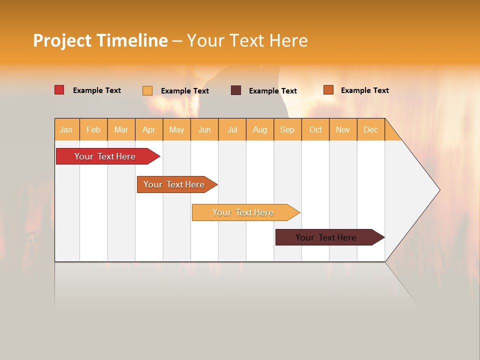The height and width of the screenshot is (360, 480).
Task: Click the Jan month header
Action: click(x=66, y=129)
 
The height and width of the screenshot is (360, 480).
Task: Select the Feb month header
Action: click(x=93, y=129)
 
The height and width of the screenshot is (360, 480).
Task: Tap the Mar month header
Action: click(x=121, y=129)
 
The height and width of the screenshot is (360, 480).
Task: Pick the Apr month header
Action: click(x=149, y=129)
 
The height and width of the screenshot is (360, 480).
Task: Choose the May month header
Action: click(x=176, y=129)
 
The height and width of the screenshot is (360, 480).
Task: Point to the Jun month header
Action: click(x=204, y=129)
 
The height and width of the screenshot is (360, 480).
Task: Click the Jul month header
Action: click(x=232, y=129)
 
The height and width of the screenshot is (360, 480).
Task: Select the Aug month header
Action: click(x=260, y=129)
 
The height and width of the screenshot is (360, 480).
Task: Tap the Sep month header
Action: click(x=287, y=129)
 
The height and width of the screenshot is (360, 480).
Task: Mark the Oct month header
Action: click(x=315, y=129)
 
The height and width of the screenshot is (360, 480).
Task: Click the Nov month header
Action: click(x=343, y=129)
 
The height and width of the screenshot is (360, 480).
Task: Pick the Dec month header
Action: click(x=371, y=129)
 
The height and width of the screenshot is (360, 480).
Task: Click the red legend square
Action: click(x=59, y=90)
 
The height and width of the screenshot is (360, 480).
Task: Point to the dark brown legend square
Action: click(x=236, y=90)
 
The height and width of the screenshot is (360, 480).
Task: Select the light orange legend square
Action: click(x=147, y=90)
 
